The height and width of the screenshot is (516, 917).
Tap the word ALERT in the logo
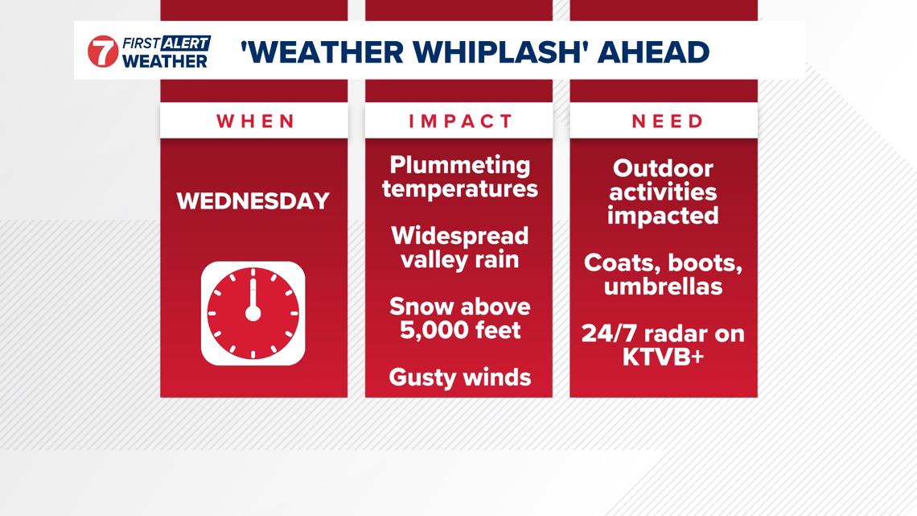coord(185,43)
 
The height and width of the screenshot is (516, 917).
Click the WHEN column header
coord(255,121)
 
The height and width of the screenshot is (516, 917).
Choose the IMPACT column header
coord(460,121)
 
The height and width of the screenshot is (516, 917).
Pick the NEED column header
coord(667,121)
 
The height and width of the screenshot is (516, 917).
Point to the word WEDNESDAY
coord(253,200)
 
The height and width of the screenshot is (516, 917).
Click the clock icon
coord(253,313)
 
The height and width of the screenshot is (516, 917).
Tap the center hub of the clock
coord(253,313)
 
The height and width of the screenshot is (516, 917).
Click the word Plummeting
coord(460,165)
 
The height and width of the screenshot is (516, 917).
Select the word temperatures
coord(460,189)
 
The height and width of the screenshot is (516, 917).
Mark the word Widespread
coord(460,236)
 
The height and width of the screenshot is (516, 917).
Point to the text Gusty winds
coord(460,377)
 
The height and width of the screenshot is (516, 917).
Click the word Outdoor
coord(663,168)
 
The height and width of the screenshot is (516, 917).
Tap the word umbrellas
coord(663,287)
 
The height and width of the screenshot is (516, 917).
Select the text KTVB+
coord(663,357)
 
